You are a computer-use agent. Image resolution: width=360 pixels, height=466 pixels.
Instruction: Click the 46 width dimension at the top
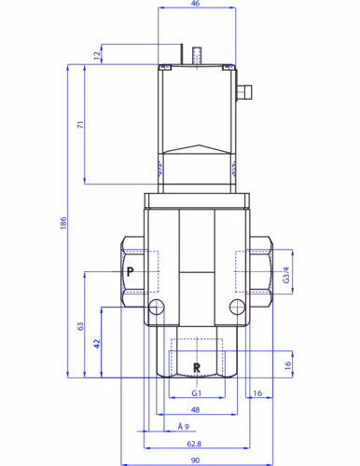[x=195, y=4]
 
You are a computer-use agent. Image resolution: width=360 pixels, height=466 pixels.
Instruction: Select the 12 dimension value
[x=97, y=55]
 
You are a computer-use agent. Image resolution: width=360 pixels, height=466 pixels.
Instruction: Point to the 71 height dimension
[x=80, y=125]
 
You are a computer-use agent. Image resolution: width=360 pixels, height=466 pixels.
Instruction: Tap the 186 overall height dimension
[x=63, y=223]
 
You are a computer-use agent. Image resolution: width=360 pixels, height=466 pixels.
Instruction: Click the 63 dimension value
[x=80, y=326]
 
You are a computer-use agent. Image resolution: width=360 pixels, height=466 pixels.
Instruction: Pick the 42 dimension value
[x=97, y=344]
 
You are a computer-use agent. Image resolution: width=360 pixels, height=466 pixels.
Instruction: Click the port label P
[x=131, y=272]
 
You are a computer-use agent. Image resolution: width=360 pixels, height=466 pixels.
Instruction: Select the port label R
[x=197, y=368]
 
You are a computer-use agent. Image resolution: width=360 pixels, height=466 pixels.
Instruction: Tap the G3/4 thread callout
[x=286, y=275]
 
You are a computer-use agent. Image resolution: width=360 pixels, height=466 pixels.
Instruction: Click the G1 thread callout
[x=197, y=393]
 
